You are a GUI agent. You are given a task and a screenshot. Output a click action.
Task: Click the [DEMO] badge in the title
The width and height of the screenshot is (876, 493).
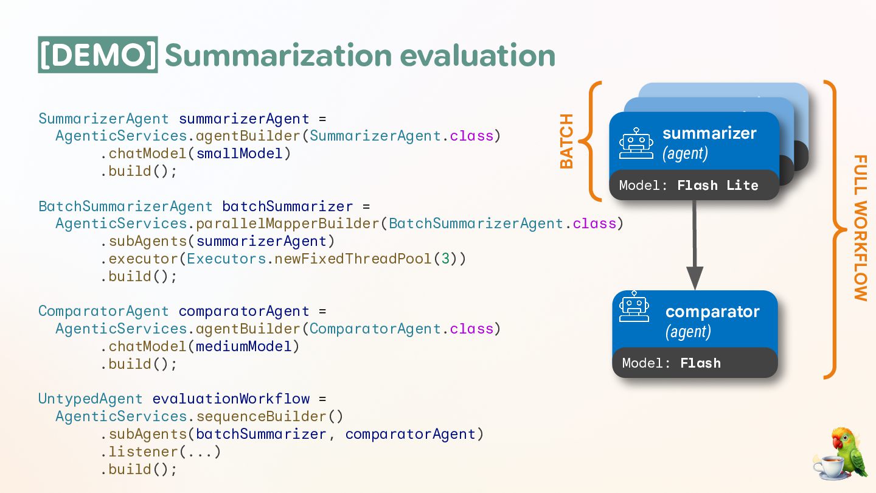[x=97, y=55]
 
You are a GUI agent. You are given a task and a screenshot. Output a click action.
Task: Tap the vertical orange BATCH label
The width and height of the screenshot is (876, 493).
[x=566, y=141]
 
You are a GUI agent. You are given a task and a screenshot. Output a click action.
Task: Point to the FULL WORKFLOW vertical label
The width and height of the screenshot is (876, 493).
[x=860, y=228]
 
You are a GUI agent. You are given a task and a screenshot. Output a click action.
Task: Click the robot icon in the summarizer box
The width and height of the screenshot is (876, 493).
[x=636, y=144]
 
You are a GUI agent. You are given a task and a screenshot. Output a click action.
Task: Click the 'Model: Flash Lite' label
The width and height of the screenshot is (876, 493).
[x=689, y=185]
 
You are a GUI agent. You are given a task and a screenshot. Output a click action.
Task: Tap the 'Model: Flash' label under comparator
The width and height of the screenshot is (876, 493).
[x=671, y=363]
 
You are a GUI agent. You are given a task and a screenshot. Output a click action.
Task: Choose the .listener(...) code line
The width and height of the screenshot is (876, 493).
[x=160, y=452]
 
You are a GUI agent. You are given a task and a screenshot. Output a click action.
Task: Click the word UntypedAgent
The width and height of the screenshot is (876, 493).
[x=90, y=399]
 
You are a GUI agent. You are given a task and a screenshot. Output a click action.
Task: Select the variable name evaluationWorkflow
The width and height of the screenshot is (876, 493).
[x=231, y=399]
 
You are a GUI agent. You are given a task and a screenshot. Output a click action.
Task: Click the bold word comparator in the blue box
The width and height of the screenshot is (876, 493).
[x=712, y=312]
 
